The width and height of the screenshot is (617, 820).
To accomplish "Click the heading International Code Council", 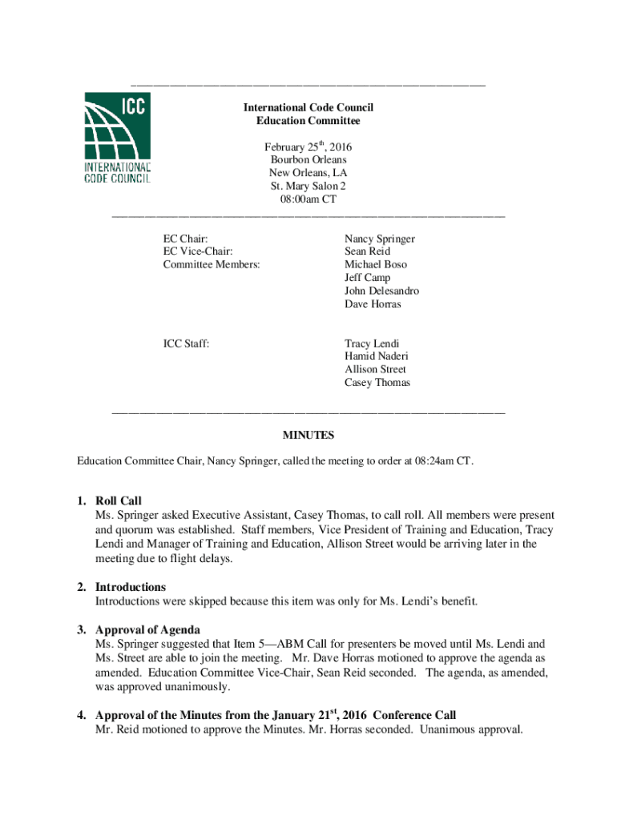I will (308, 107).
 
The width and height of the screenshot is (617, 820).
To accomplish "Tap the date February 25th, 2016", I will (308, 147).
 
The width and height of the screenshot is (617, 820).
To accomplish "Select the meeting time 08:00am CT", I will (308, 199).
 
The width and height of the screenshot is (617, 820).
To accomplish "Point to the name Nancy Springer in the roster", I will (379, 239).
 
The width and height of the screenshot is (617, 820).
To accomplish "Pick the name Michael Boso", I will (375, 264).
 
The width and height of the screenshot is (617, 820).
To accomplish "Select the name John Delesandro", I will (381, 291).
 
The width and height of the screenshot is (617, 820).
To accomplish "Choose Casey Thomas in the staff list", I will (377, 383).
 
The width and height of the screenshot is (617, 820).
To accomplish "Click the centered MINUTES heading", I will (308, 436).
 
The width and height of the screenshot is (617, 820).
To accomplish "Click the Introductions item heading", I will (131, 587).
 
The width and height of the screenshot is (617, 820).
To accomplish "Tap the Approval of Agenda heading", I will (147, 629).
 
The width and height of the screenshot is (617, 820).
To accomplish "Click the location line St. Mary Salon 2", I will (308, 186).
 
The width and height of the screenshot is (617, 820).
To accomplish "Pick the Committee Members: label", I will (212, 264).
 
